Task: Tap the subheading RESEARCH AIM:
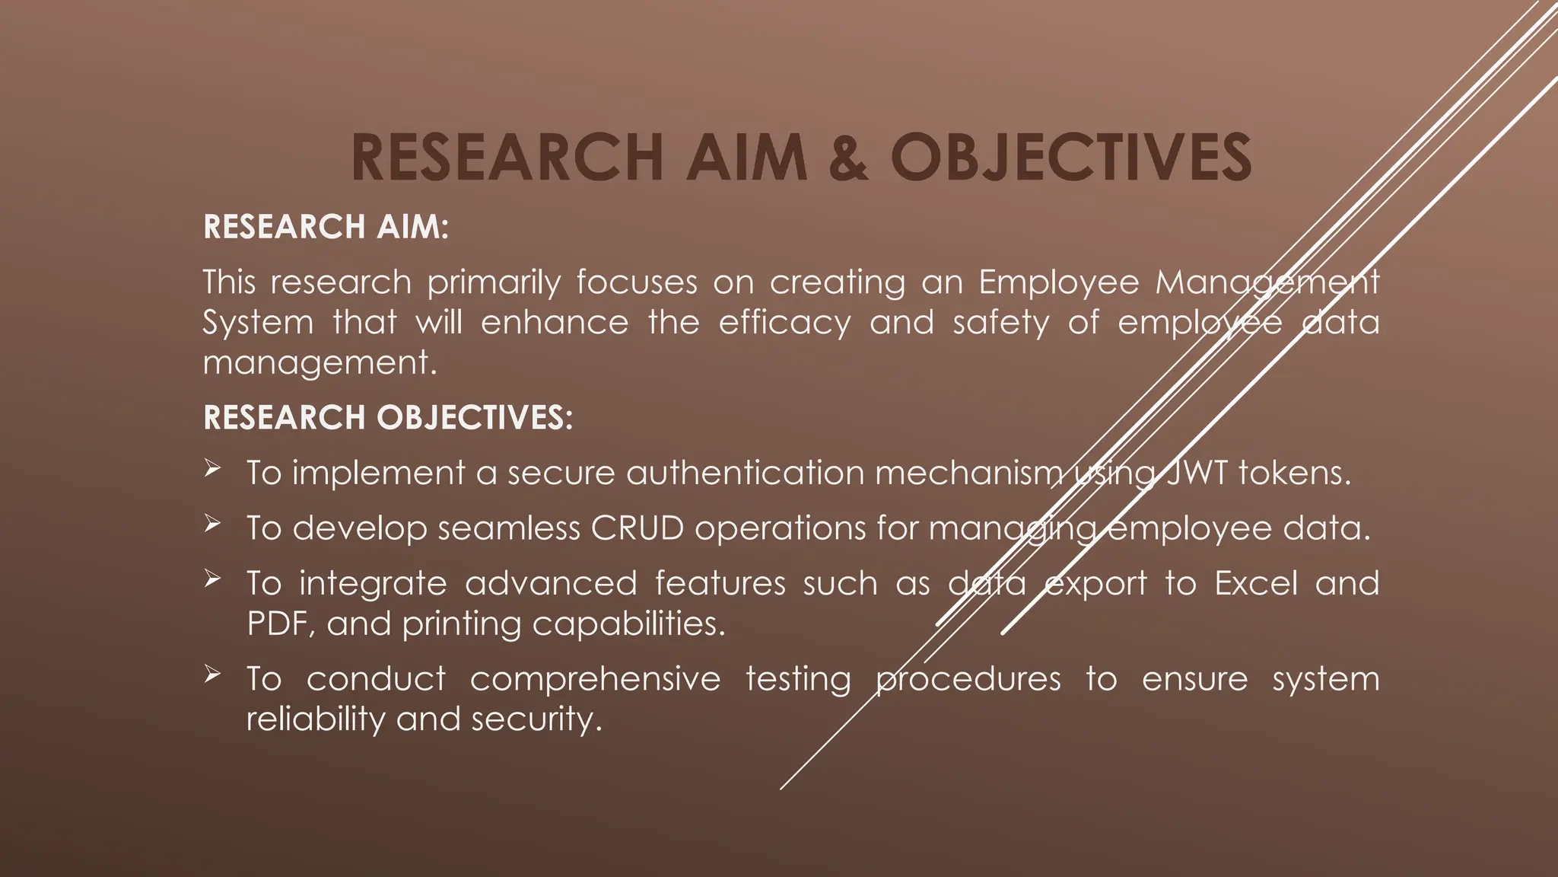(x=326, y=227)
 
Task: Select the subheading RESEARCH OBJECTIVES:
(x=388, y=417)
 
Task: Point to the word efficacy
(x=784, y=322)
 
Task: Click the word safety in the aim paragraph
(x=1001, y=322)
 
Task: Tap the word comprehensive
(x=595, y=678)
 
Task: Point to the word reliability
(x=316, y=719)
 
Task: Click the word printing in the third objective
(x=462, y=624)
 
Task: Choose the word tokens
(x=1295, y=473)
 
